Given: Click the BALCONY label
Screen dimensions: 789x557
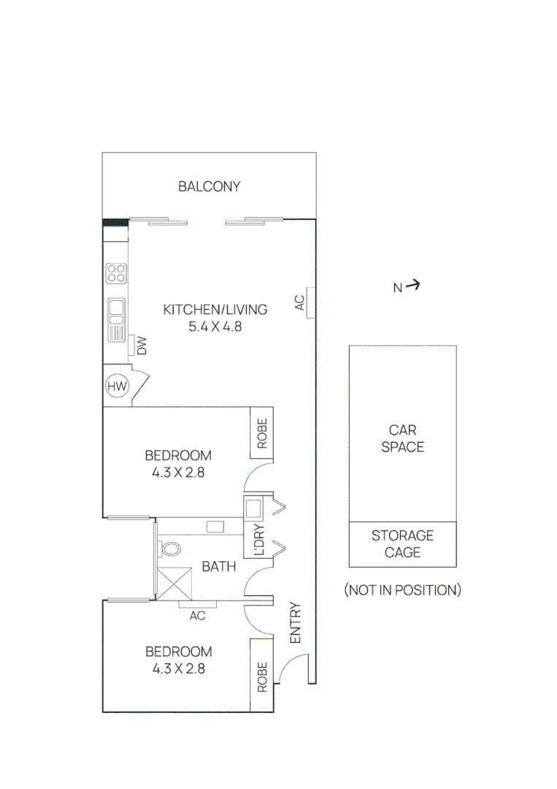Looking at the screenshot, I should tap(209, 186).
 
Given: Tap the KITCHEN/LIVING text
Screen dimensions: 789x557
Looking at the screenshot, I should tap(215, 309).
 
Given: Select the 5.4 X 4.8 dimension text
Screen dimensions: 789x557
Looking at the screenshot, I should tap(215, 327).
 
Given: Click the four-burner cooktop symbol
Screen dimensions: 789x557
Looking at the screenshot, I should tap(115, 273).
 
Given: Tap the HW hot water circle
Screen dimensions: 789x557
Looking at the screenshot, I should tap(116, 386).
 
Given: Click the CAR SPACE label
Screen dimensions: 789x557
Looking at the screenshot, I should tap(402, 438).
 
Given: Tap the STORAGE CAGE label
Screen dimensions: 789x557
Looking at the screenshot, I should tap(402, 544).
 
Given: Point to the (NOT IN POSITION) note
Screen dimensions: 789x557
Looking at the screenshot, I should tap(402, 590).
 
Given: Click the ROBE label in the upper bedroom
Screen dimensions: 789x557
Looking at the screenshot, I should tap(261, 433).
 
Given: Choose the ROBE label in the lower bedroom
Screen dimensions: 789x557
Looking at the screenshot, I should tap(261, 676).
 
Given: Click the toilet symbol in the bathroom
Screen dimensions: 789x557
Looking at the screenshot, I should tap(171, 548).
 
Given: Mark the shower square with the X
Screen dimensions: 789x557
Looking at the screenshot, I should tap(174, 584).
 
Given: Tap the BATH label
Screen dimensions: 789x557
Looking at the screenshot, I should tap(219, 566).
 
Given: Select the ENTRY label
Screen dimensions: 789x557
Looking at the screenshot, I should tap(295, 622).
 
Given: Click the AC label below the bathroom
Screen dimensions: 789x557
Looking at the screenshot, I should tap(197, 615).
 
